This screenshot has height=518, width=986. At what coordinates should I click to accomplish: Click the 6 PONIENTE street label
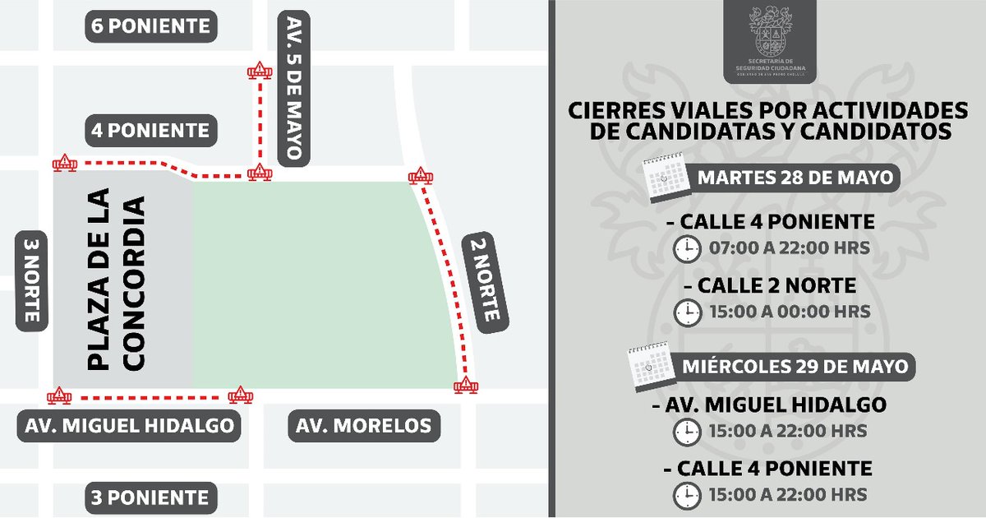click(151, 26)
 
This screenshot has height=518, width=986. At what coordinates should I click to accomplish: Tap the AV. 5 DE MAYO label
click(293, 87)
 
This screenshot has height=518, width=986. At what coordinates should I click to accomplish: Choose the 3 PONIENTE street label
click(151, 497)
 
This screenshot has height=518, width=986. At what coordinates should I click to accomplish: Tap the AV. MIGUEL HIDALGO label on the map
click(129, 427)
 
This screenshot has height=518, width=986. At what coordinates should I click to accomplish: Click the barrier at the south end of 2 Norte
click(466, 385)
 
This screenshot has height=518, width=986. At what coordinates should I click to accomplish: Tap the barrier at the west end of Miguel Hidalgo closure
click(59, 397)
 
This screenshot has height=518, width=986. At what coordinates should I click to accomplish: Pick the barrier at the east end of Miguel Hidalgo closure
click(241, 396)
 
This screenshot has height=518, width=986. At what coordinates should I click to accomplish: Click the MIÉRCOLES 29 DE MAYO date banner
click(795, 366)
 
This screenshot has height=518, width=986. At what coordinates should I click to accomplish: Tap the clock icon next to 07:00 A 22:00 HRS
click(687, 248)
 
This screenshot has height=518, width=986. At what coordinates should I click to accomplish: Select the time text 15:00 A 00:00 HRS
click(787, 312)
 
